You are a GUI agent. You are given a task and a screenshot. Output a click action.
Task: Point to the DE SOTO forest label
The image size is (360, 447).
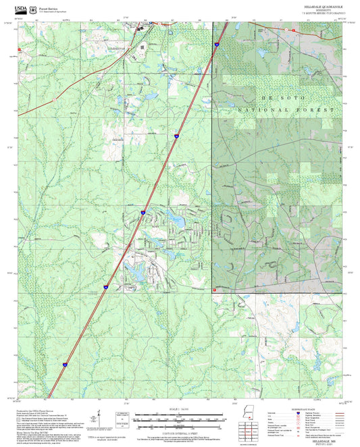(251, 98)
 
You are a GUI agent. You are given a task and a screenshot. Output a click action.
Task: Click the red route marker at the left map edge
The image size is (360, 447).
(20, 49)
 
